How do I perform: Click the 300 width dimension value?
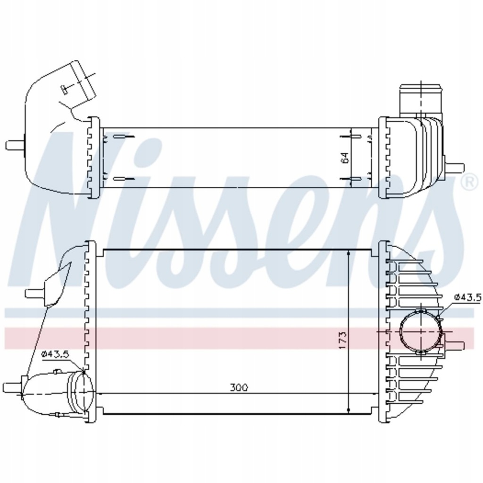click(239, 388)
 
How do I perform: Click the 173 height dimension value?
click(342, 340)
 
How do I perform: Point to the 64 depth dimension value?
click(345, 158)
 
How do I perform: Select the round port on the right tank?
click(420, 332)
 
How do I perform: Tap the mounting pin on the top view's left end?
click(14, 144)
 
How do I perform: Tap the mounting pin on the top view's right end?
click(456, 167)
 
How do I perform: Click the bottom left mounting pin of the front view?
click(12, 388)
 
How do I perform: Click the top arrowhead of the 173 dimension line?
click(348, 255)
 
